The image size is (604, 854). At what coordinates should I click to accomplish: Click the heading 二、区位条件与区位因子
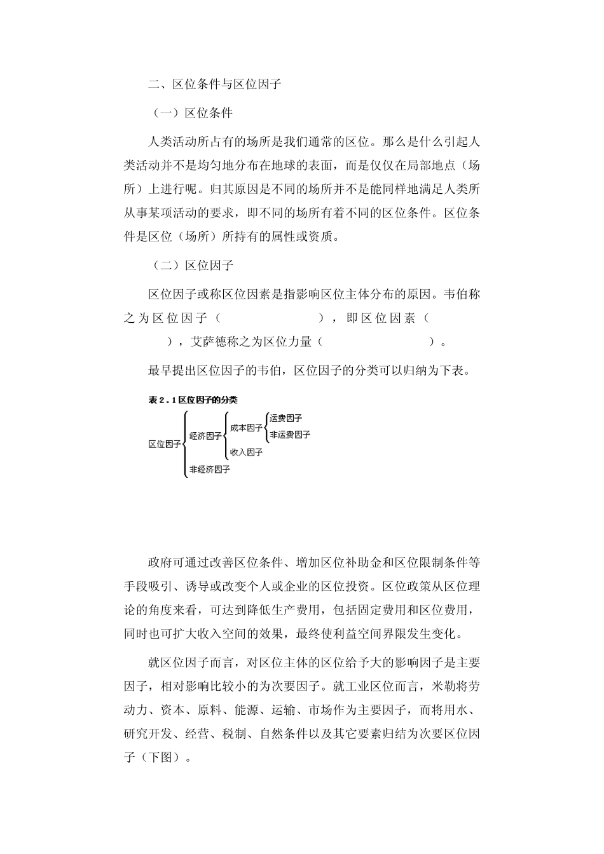[214, 83]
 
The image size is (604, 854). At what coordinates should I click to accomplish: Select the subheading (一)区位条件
[193, 113]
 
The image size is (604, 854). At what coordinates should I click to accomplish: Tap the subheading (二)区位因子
[193, 265]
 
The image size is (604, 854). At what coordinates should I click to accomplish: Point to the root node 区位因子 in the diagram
[164, 444]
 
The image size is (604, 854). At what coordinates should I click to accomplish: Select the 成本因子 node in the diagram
[246, 428]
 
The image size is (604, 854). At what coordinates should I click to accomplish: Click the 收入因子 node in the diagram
[246, 452]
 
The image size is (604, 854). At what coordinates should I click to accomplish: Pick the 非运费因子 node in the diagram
[290, 435]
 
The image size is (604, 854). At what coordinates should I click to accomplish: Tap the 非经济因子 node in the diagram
[209, 470]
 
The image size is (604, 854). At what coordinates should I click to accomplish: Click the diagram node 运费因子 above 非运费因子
[285, 418]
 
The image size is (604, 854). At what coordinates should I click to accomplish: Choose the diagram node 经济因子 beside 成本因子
[205, 436]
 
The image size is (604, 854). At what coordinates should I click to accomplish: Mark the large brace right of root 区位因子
[184, 444]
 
